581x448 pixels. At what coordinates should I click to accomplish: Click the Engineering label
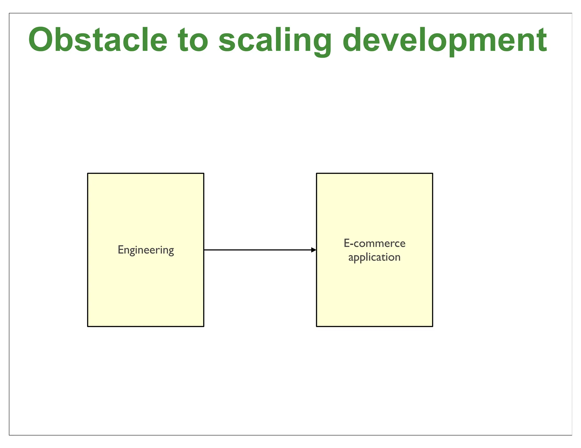146,250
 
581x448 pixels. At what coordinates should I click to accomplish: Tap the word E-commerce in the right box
374,243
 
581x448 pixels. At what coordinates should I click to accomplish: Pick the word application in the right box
374,257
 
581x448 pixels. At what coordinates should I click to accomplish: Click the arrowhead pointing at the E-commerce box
314,250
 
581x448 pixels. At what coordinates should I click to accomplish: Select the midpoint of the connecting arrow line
260,250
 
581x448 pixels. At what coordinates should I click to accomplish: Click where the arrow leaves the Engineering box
204,250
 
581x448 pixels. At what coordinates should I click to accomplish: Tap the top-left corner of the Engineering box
88,173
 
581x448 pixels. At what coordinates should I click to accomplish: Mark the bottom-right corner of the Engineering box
204,326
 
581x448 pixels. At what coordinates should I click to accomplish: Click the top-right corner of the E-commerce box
433,173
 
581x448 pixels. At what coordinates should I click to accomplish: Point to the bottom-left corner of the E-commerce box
317,326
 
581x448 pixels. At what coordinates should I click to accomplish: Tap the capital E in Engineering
120,249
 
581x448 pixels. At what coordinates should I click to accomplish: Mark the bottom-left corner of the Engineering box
88,326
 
